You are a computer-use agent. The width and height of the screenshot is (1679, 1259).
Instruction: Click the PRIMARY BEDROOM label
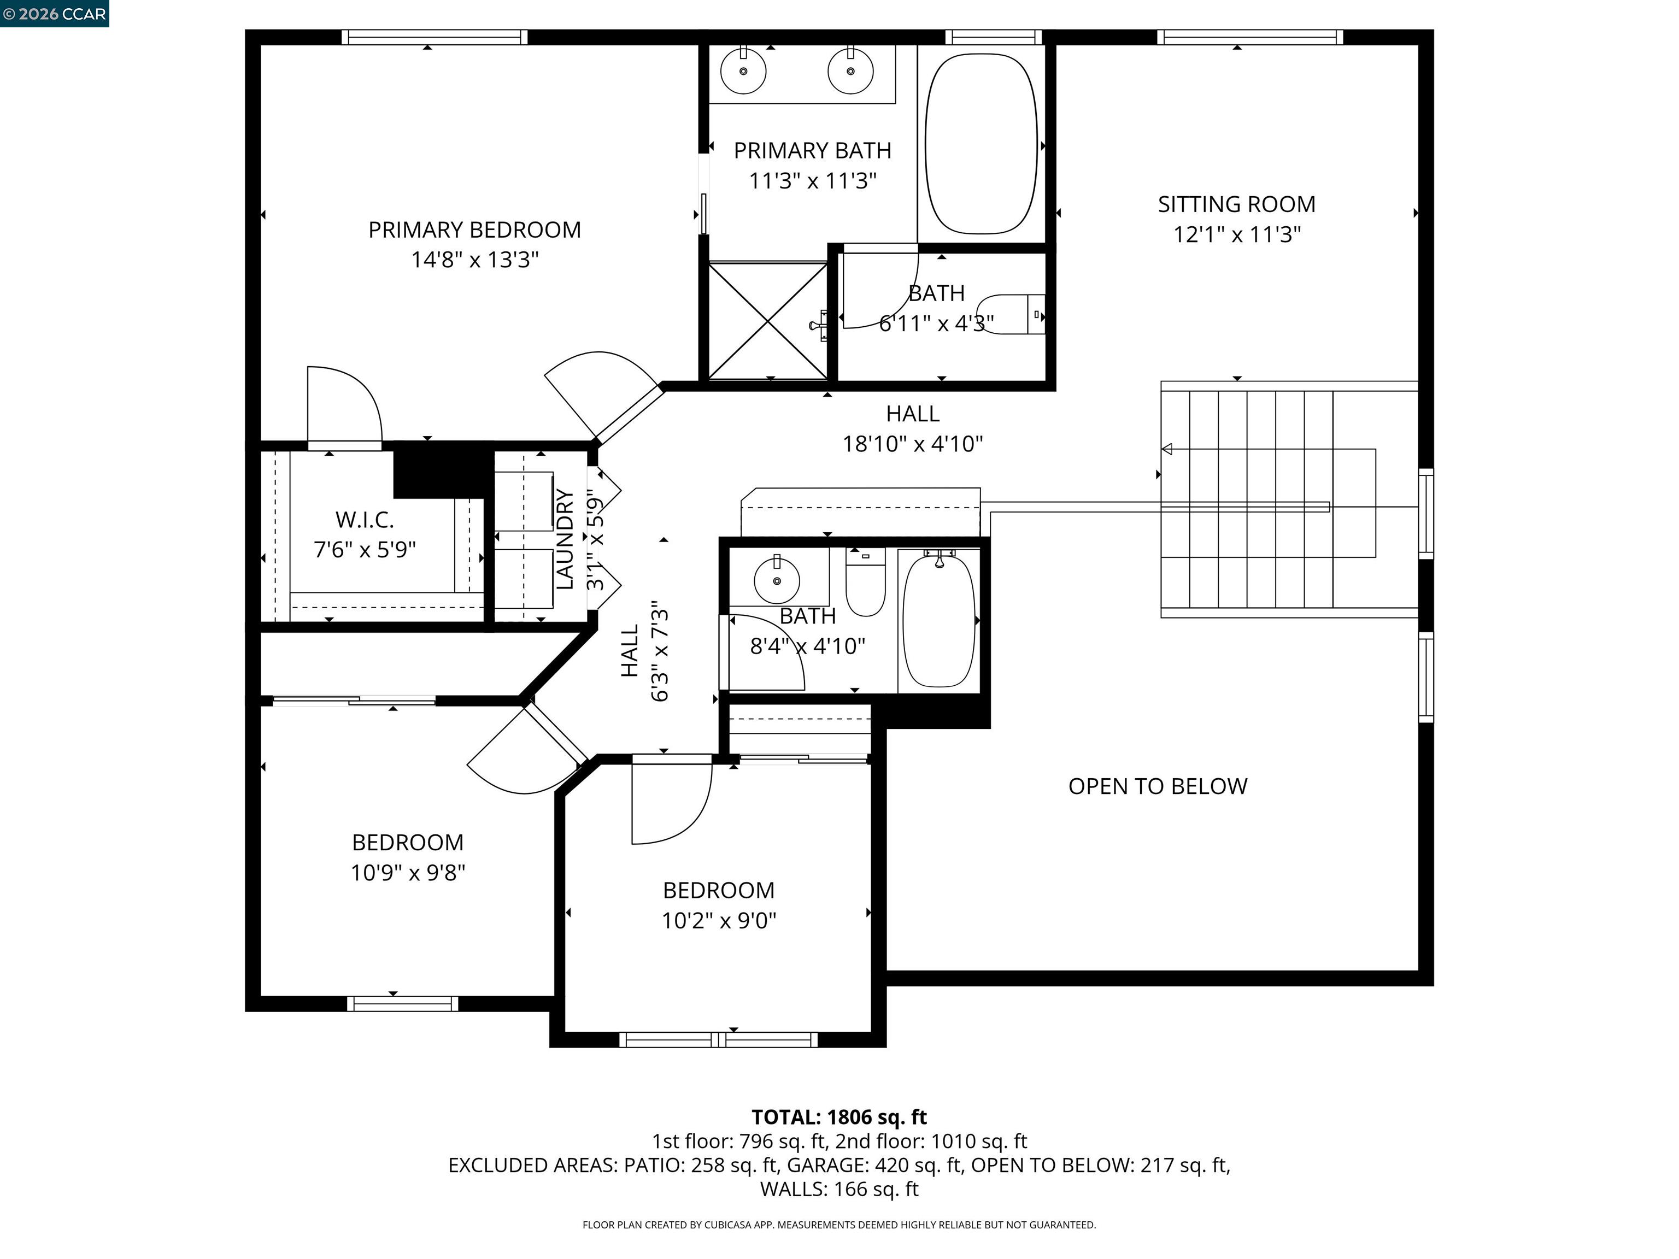[x=474, y=230]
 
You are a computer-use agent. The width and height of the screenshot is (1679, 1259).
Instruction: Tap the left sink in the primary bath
[x=743, y=70]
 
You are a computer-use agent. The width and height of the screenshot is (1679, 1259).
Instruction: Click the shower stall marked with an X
[x=767, y=321]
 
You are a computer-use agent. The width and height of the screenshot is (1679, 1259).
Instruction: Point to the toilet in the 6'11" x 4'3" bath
[x=1013, y=314]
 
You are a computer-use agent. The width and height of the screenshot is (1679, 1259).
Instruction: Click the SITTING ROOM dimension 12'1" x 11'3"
[x=1236, y=234]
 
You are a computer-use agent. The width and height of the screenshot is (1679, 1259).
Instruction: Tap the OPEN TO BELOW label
[x=1157, y=786]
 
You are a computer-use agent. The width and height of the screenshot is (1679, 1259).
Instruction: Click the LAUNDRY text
[x=565, y=539]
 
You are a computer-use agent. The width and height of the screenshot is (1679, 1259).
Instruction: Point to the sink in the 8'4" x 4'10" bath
[x=777, y=580]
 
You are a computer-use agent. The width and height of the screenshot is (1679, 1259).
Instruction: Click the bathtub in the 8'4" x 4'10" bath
[x=939, y=620]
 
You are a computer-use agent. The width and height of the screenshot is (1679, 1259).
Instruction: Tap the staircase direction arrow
[x=1167, y=449]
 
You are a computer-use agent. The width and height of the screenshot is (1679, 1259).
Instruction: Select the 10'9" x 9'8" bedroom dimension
[x=408, y=873]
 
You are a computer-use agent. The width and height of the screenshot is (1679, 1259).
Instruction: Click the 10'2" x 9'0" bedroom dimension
[x=718, y=921]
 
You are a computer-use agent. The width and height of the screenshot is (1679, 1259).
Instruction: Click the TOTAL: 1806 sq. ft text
[x=839, y=1117]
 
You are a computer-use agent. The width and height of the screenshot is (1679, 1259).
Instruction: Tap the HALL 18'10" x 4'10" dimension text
[x=912, y=444]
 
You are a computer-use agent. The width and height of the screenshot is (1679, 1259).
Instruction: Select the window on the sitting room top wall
[x=1249, y=37]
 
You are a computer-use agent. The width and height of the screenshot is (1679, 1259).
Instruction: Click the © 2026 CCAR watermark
[x=55, y=14]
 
